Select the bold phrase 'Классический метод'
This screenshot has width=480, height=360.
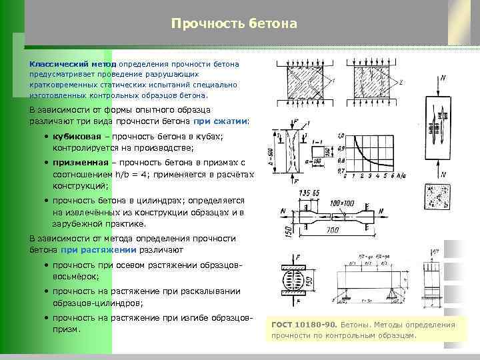click(x=71, y=65)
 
